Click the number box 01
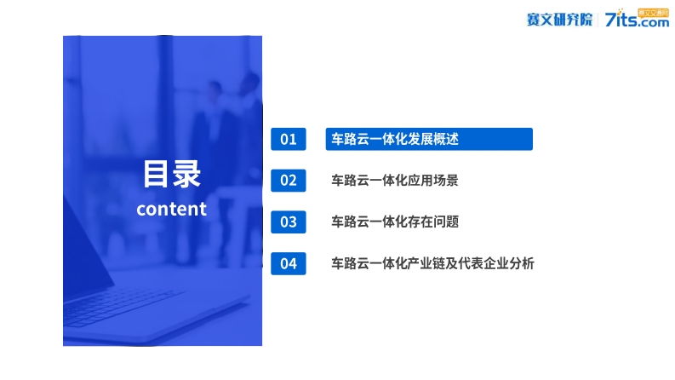click(289, 139)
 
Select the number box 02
click(289, 181)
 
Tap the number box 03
click(289, 222)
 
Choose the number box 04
click(289, 263)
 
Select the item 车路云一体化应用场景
click(395, 181)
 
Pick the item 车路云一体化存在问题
click(395, 222)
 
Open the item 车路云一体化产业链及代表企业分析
click(432, 263)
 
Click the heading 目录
click(172, 174)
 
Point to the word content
click(171, 210)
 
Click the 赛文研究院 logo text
click(559, 20)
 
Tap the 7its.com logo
click(637, 19)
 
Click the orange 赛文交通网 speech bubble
click(653, 14)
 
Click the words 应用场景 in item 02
click(433, 181)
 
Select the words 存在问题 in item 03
click(433, 222)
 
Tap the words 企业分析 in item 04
click(509, 263)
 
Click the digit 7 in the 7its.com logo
click(610, 20)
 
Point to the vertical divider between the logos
click(598, 20)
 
